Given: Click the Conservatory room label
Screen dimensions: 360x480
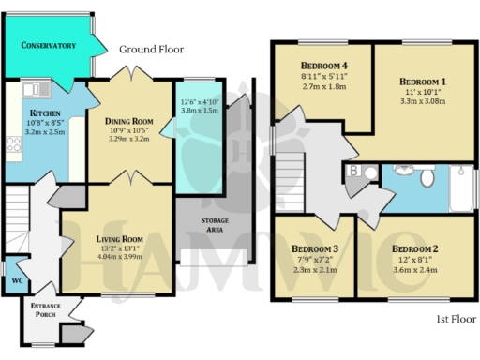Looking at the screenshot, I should point(48,44).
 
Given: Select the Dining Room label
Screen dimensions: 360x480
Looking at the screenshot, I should point(129,120).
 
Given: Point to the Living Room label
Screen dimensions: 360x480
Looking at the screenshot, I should point(118,239).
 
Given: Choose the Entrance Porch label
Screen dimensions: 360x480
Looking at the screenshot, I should point(46,312).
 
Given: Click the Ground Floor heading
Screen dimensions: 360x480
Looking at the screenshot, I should point(151,49).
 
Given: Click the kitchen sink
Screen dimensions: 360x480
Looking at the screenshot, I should point(38,90).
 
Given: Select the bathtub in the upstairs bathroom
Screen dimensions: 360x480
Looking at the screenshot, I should point(459,188).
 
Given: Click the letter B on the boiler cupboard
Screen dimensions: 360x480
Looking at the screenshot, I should point(355,171).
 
